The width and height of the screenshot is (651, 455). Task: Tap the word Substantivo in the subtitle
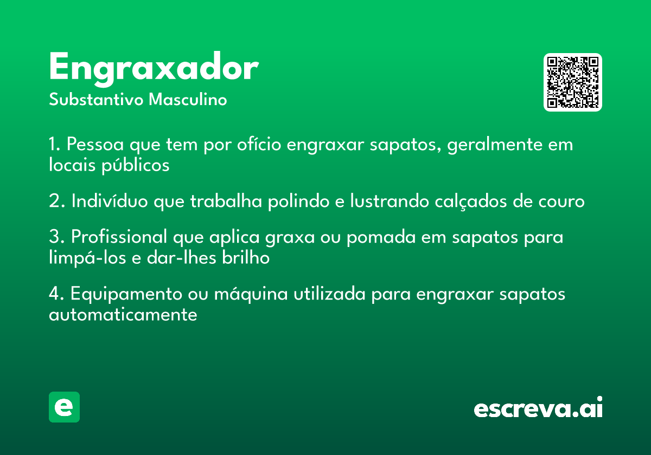coord(96,100)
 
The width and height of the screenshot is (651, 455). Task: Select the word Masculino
coord(188,100)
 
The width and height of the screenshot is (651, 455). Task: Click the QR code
coord(572,82)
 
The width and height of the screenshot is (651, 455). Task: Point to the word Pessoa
coord(95,144)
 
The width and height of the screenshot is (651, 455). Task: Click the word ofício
coord(259,144)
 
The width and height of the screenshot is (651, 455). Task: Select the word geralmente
coord(495,145)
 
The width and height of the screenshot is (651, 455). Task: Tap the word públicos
coord(136,166)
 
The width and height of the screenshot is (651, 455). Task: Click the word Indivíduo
coord(110,201)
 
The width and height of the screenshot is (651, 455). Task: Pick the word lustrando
coord(390,201)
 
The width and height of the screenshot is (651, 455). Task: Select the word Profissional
coord(119,237)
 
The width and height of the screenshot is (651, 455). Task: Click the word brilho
coord(246,257)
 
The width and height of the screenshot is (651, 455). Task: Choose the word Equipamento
coord(126,294)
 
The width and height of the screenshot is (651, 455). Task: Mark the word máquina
coord(251,294)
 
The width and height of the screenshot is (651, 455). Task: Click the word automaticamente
coord(123,315)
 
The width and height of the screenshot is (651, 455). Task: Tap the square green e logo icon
coord(64,407)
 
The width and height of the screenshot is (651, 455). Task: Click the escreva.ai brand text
coord(538,407)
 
